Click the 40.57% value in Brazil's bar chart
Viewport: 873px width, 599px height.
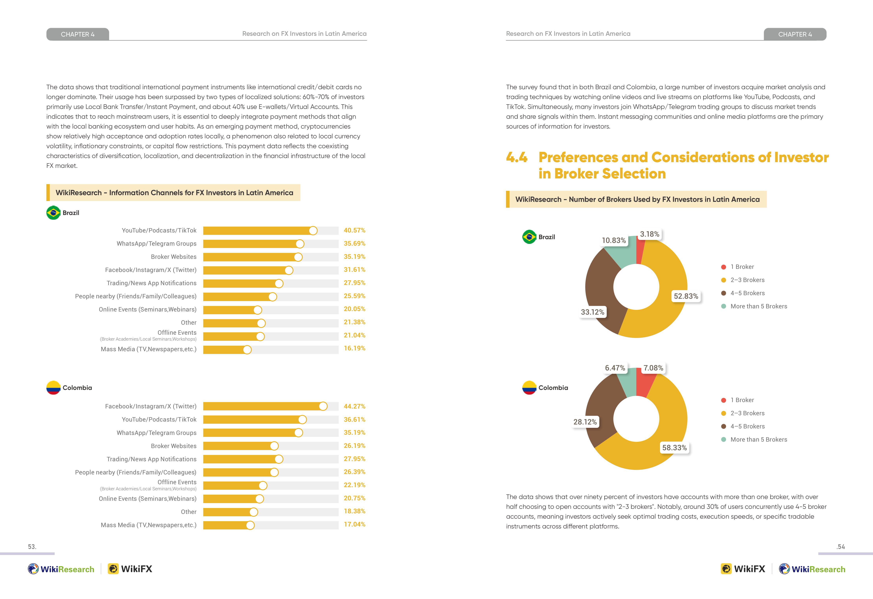(354, 230)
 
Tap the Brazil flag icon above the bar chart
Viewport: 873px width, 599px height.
(53, 213)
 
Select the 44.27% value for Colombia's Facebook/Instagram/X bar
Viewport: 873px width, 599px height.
(354, 406)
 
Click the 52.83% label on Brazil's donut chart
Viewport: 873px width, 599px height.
(686, 296)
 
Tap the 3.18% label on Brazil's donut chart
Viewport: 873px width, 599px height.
(649, 234)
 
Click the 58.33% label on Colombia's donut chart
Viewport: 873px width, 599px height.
(674, 448)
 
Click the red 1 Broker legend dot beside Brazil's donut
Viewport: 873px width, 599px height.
(723, 267)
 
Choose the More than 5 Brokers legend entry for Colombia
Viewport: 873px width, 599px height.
(754, 439)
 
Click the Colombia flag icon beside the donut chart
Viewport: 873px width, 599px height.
(529, 388)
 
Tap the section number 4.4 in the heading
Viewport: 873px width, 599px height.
(517, 157)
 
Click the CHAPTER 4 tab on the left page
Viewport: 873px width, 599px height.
(78, 34)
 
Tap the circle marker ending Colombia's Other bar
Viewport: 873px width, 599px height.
(254, 512)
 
